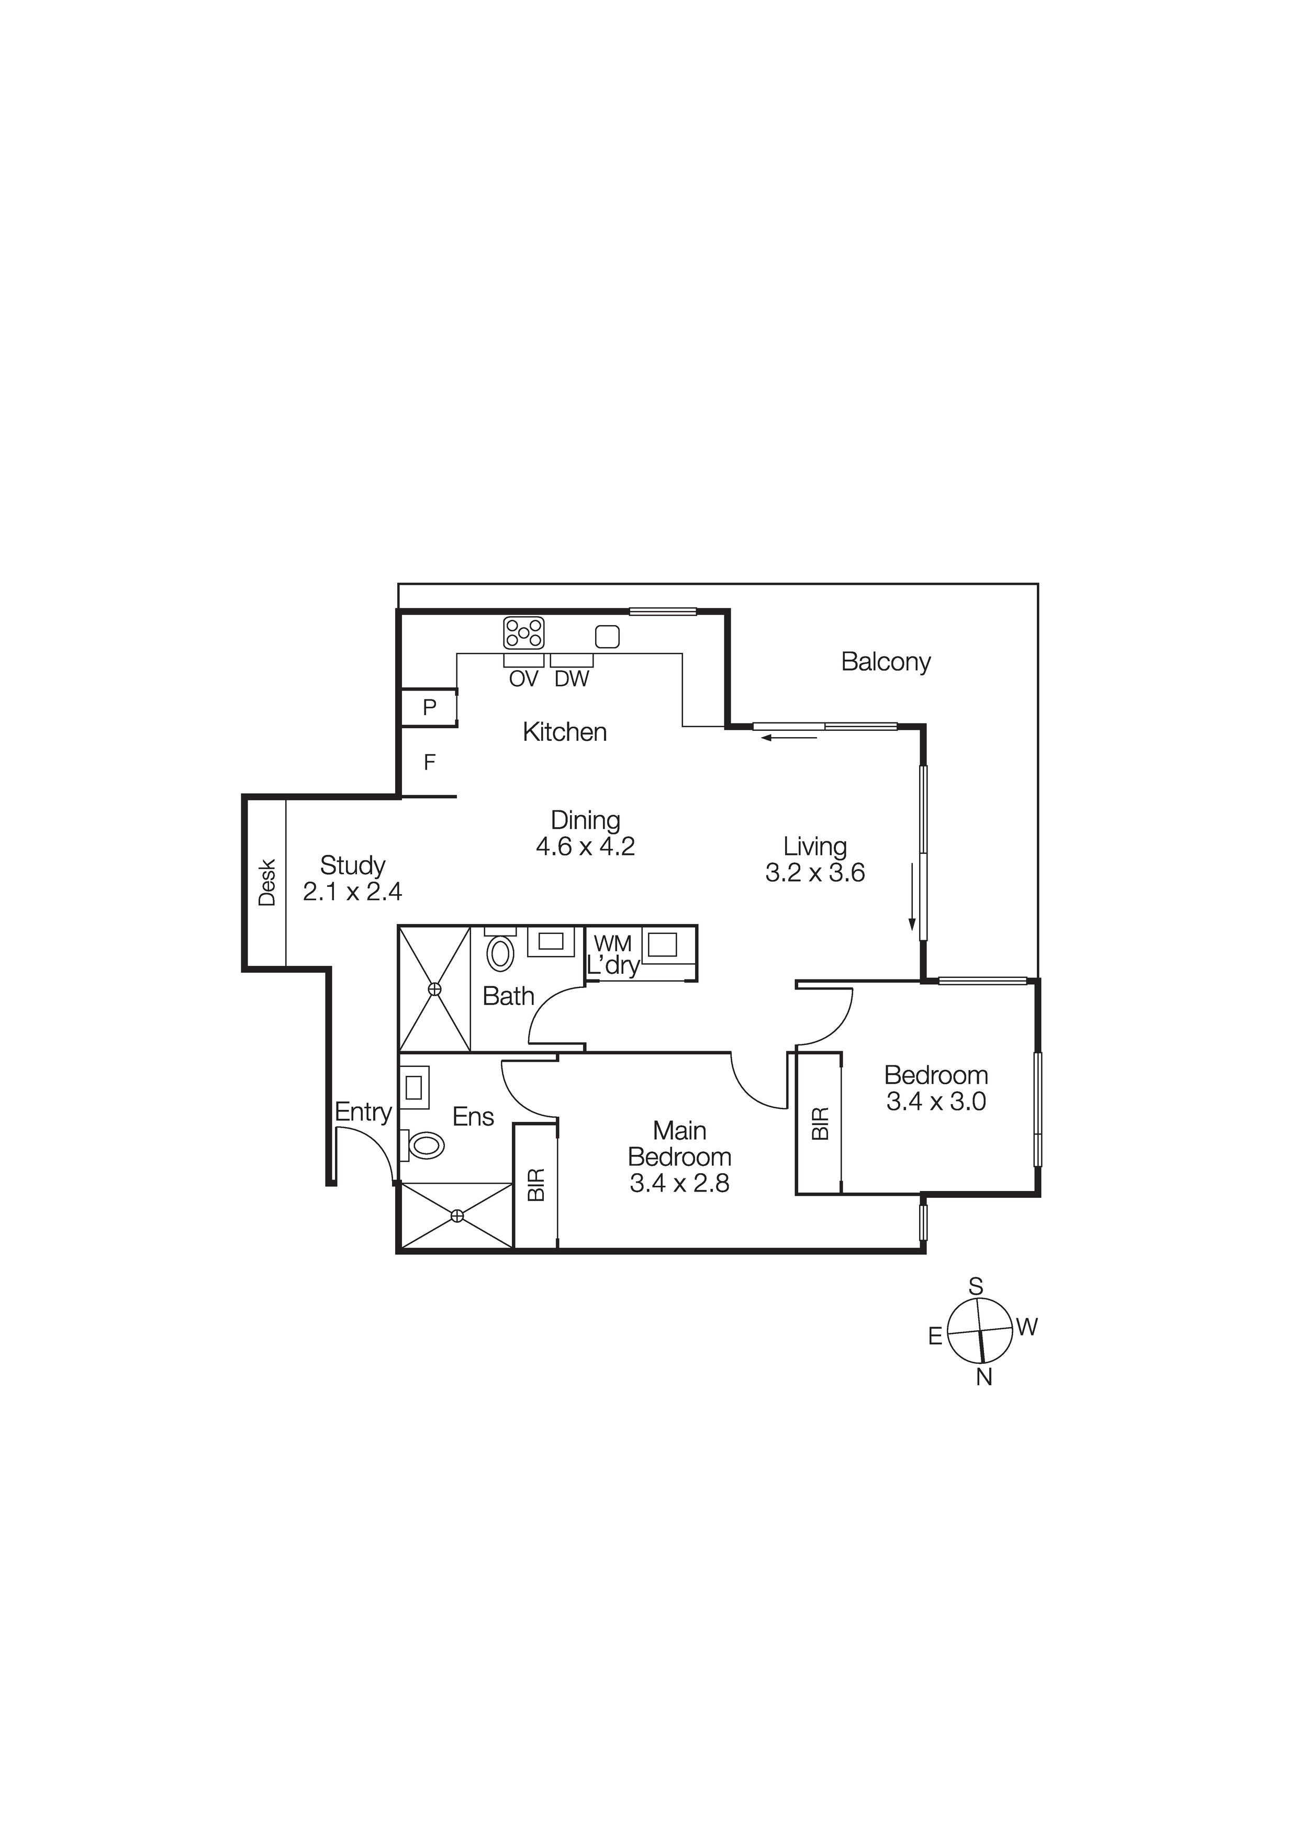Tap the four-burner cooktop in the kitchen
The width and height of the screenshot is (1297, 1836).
click(524, 632)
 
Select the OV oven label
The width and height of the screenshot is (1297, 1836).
click(524, 679)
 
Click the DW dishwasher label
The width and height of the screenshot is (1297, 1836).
click(572, 679)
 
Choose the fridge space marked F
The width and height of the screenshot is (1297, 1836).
click(429, 763)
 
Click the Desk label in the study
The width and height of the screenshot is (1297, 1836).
click(267, 882)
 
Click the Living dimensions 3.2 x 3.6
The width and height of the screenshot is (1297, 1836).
click(815, 872)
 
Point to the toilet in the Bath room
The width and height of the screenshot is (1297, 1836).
click(500, 953)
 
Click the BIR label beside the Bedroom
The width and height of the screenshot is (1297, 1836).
click(820, 1123)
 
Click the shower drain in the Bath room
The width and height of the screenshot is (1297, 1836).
click(434, 989)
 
